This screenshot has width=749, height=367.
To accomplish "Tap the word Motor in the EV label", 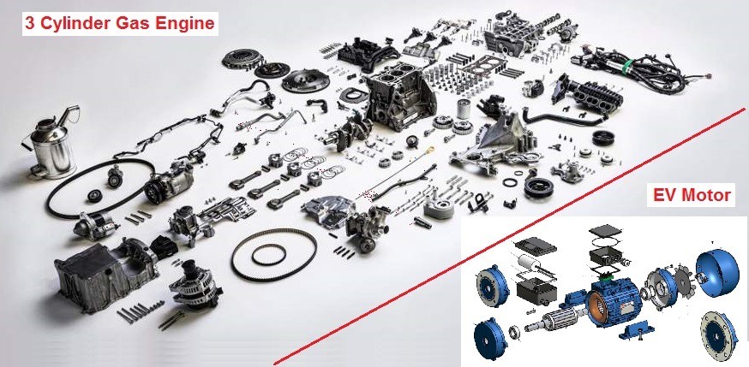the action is pos(709,195).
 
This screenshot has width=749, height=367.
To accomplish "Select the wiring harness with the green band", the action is pos(640,68).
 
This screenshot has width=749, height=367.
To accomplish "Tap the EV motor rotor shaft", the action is pos(554,320).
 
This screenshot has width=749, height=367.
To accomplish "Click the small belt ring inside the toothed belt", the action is pos(268,255).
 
